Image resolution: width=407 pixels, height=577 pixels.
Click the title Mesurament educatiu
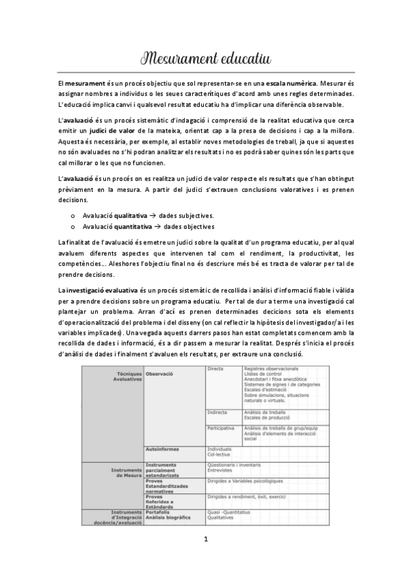(x=203, y=56)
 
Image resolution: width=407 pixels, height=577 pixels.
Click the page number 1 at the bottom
(x=204, y=559)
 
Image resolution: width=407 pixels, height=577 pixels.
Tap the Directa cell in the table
(x=215, y=369)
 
